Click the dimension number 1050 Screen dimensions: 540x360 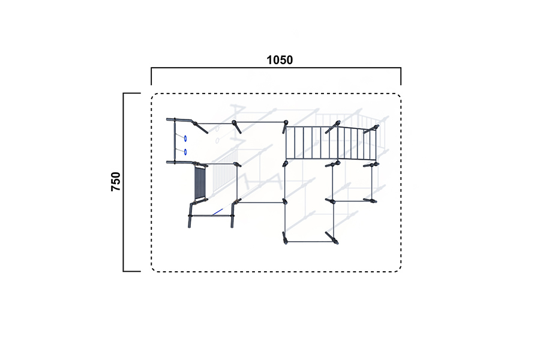tap(280, 60)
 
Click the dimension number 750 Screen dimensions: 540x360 tap(116, 182)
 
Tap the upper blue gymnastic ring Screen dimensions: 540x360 tap(185, 139)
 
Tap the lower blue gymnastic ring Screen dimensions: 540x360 tap(185, 152)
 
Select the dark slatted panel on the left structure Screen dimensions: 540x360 tap(200, 182)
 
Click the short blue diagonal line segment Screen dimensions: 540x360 tap(217, 212)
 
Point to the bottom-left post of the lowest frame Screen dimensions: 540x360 tap(285, 238)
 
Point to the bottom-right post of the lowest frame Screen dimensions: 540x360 tap(332, 238)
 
